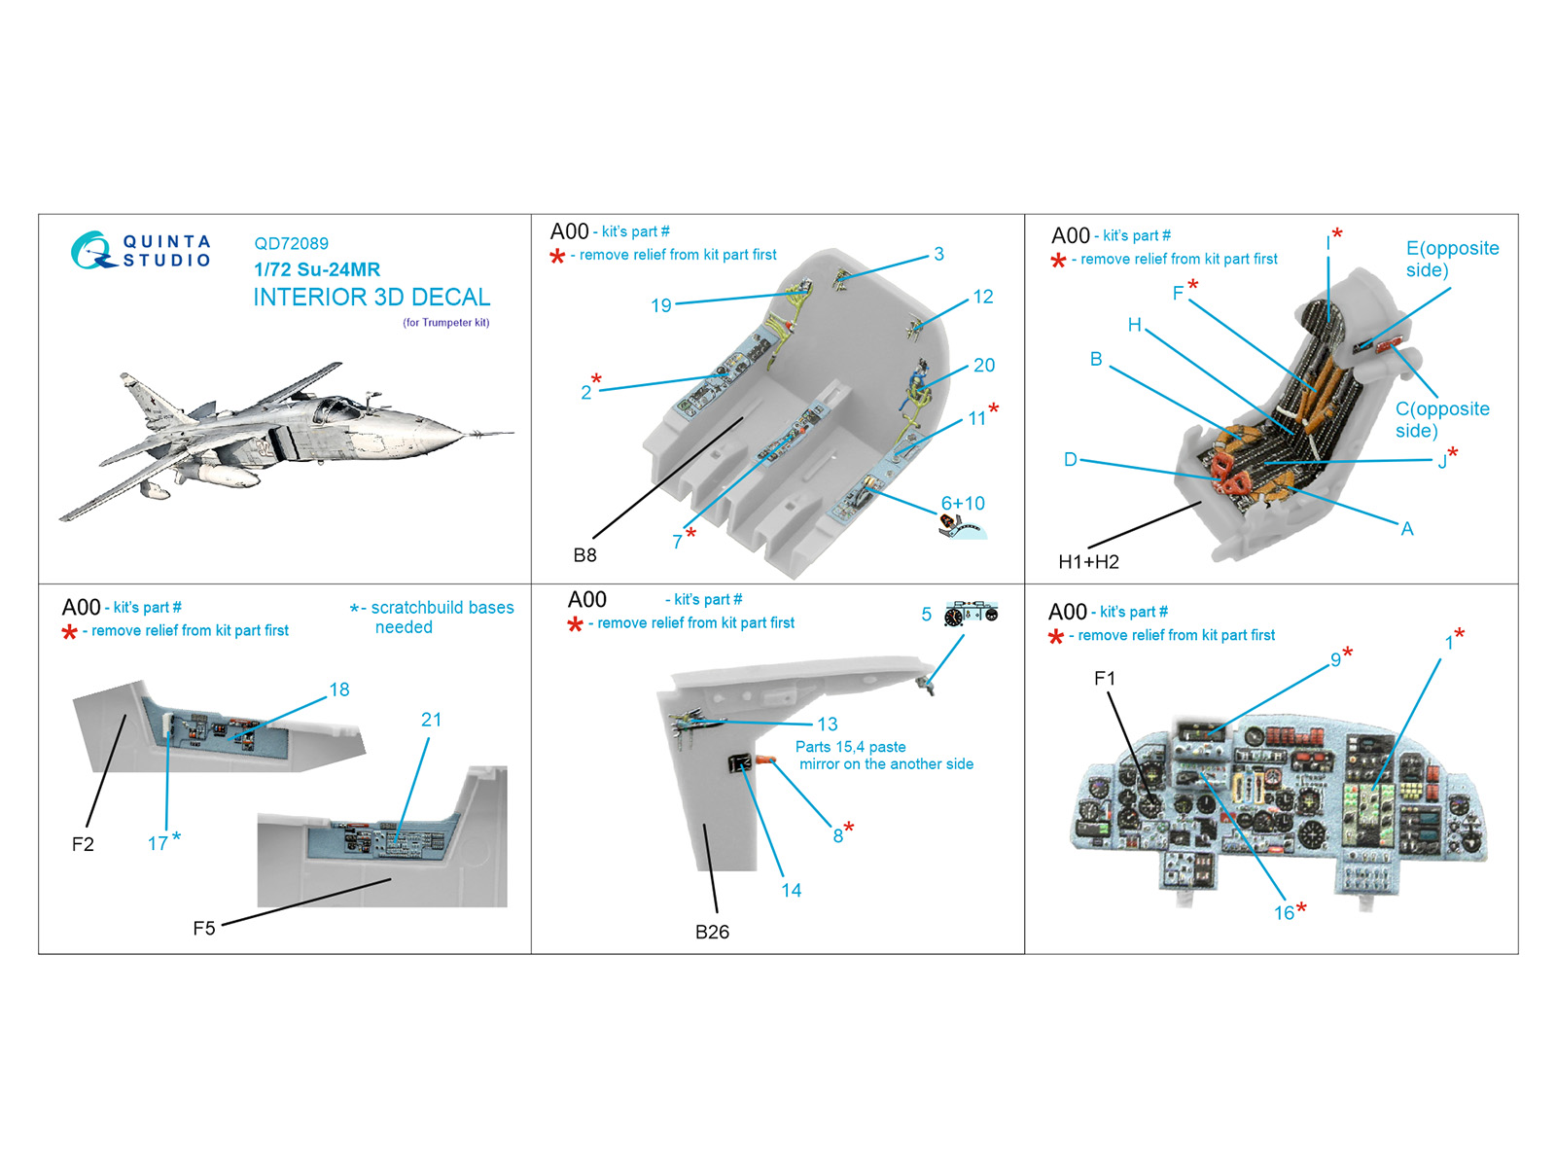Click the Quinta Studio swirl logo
92,250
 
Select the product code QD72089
291,243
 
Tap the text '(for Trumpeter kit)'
445,323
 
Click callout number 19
660,305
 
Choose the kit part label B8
584,555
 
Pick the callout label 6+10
962,503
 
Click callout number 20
983,365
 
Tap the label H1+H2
1088,562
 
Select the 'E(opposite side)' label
1452,259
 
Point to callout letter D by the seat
1071,459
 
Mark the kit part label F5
203,928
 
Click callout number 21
431,720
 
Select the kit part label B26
712,932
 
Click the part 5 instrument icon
971,614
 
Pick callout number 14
791,890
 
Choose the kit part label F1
1105,678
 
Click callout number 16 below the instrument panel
1284,913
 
